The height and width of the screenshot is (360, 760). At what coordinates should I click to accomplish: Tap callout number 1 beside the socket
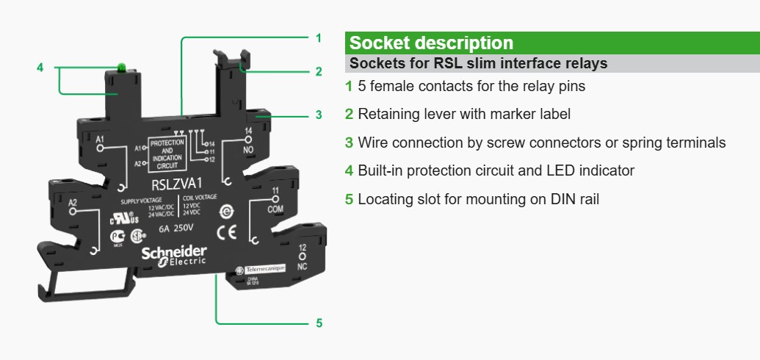[x=319, y=37]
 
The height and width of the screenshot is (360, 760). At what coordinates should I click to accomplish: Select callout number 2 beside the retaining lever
[x=319, y=71]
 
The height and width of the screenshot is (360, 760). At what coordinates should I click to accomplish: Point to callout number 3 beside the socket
[x=319, y=115]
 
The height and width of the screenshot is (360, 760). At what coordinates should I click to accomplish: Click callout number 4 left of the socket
[x=40, y=68]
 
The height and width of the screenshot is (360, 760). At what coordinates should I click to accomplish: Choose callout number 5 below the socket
[x=319, y=323]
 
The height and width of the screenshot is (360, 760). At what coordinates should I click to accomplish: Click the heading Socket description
[x=431, y=43]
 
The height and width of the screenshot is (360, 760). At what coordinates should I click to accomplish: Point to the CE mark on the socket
[x=225, y=234]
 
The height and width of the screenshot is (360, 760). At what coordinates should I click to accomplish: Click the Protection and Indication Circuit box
[x=167, y=153]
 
